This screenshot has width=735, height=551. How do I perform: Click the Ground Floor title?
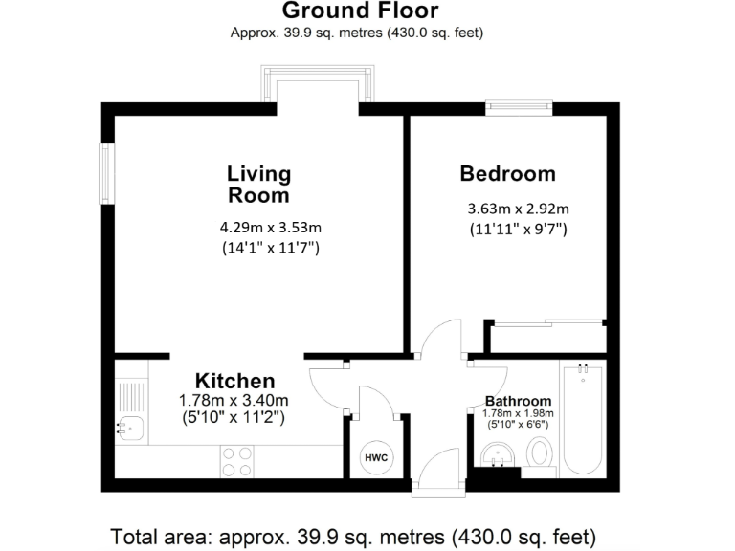pos(360,11)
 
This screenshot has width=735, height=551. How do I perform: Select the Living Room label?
pos(258,185)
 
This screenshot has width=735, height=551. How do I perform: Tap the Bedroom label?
pos(507,174)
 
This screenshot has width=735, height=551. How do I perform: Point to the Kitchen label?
pos(235,381)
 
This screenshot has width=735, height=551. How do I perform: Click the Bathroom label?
pos(518,401)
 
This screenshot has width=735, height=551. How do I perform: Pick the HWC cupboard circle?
pos(376,458)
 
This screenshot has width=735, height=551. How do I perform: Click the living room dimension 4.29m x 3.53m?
pos(270,228)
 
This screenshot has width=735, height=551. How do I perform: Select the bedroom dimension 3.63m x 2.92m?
pos(518,209)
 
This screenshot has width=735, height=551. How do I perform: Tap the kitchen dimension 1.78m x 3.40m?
pos(234,400)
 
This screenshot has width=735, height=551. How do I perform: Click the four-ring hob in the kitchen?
pos(235,462)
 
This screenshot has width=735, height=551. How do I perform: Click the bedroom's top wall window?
pos(518,108)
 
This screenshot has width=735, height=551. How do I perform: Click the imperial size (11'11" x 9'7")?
pos(518,230)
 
